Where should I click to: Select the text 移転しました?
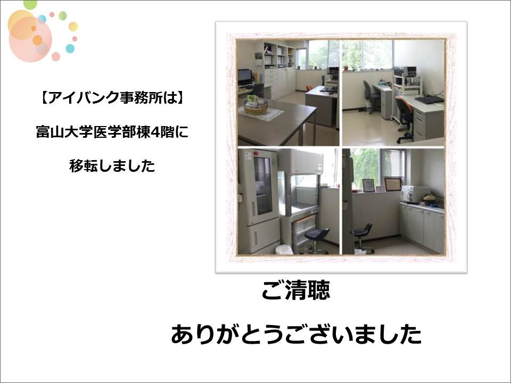pos(112,166)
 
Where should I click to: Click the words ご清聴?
pos(296,289)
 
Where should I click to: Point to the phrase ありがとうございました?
pos(296,334)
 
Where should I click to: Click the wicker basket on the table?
pos(256,107)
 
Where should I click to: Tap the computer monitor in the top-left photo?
pos(245,77)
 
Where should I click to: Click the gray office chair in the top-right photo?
pos(370,97)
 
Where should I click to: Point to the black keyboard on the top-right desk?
pos(429,99)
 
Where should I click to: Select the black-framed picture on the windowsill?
pos(368,185)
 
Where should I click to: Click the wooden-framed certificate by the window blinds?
pos(393,184)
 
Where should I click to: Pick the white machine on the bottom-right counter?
pos(415,194)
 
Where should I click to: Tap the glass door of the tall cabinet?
pos(262,186)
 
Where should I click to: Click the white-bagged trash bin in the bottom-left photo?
pos(284,249)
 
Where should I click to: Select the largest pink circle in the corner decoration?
pos(30,39)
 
